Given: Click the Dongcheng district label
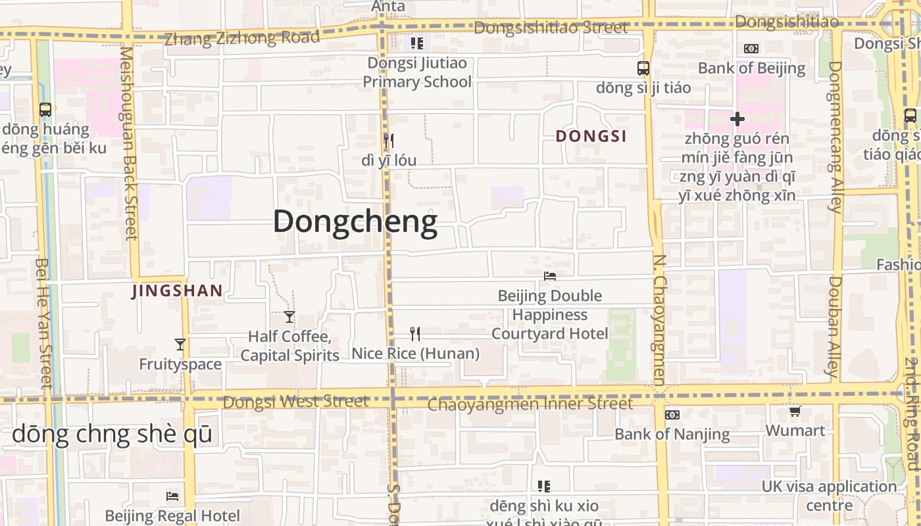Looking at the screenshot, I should pyautogui.click(x=355, y=222).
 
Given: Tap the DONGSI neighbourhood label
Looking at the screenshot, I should pyautogui.click(x=591, y=136).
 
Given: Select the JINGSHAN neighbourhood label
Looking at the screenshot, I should pyautogui.click(x=178, y=291).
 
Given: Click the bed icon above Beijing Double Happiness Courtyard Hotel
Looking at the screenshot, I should pyautogui.click(x=550, y=277).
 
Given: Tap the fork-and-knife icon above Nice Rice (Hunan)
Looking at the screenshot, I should pyautogui.click(x=415, y=334).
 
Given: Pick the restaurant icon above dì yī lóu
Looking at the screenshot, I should pyautogui.click(x=389, y=140).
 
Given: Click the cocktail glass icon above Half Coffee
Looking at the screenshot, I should pyautogui.click(x=289, y=317).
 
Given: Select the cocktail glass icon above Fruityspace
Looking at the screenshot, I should pyautogui.click(x=180, y=345).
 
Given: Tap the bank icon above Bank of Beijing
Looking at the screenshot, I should pyautogui.click(x=751, y=49).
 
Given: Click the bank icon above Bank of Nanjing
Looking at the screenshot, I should pyautogui.click(x=672, y=415).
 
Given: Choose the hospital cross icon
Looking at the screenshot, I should pyautogui.click(x=737, y=119).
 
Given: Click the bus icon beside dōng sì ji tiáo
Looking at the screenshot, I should pyautogui.click(x=643, y=68).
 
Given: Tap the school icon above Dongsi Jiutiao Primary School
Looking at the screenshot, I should pyautogui.click(x=416, y=43).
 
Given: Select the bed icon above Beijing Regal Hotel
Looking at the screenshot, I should pyautogui.click(x=172, y=496).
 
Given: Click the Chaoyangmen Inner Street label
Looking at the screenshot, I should pyautogui.click(x=530, y=403).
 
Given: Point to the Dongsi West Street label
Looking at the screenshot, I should pyautogui.click(x=295, y=401).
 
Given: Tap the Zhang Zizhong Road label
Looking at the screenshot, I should pyautogui.click(x=241, y=37).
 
